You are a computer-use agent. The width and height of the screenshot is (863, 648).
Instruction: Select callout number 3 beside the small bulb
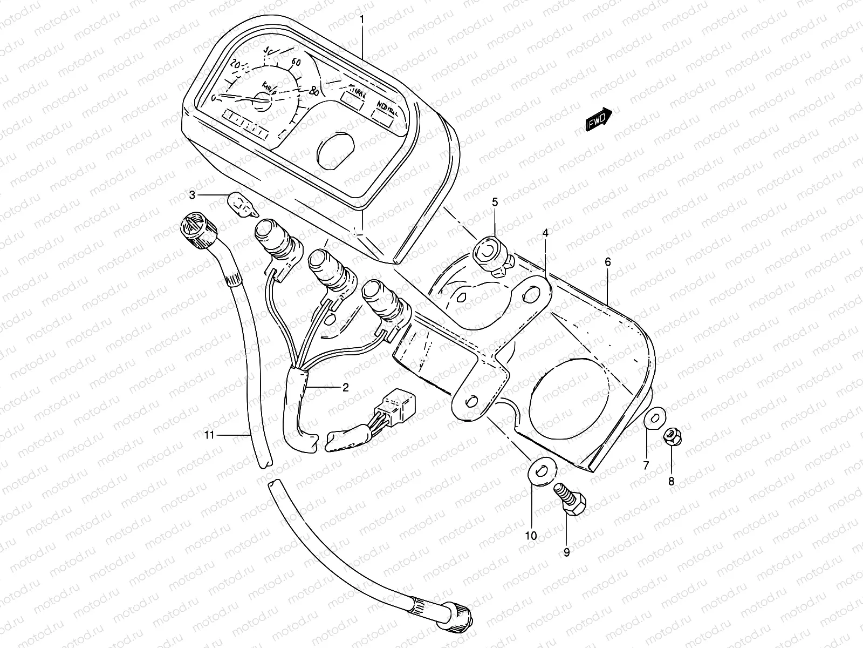coord(193,194)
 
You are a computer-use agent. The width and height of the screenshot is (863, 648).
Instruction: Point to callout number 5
coord(494,202)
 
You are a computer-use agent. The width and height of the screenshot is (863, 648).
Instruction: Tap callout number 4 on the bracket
coord(545,233)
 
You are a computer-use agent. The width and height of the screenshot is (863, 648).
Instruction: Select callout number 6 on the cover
coord(607,262)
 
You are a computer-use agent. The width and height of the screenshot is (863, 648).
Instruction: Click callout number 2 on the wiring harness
coord(345,387)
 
